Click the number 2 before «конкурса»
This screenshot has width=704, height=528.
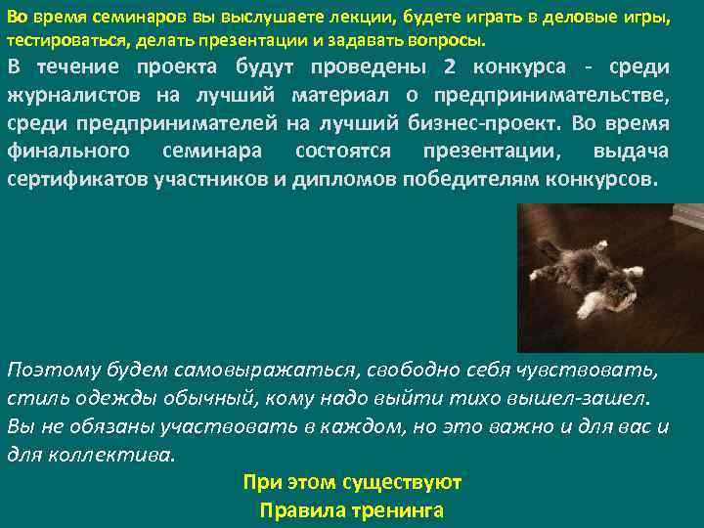point(449,67)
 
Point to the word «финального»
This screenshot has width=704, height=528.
point(68,153)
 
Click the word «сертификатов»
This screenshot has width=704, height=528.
point(77,181)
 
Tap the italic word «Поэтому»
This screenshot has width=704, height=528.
point(49,371)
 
